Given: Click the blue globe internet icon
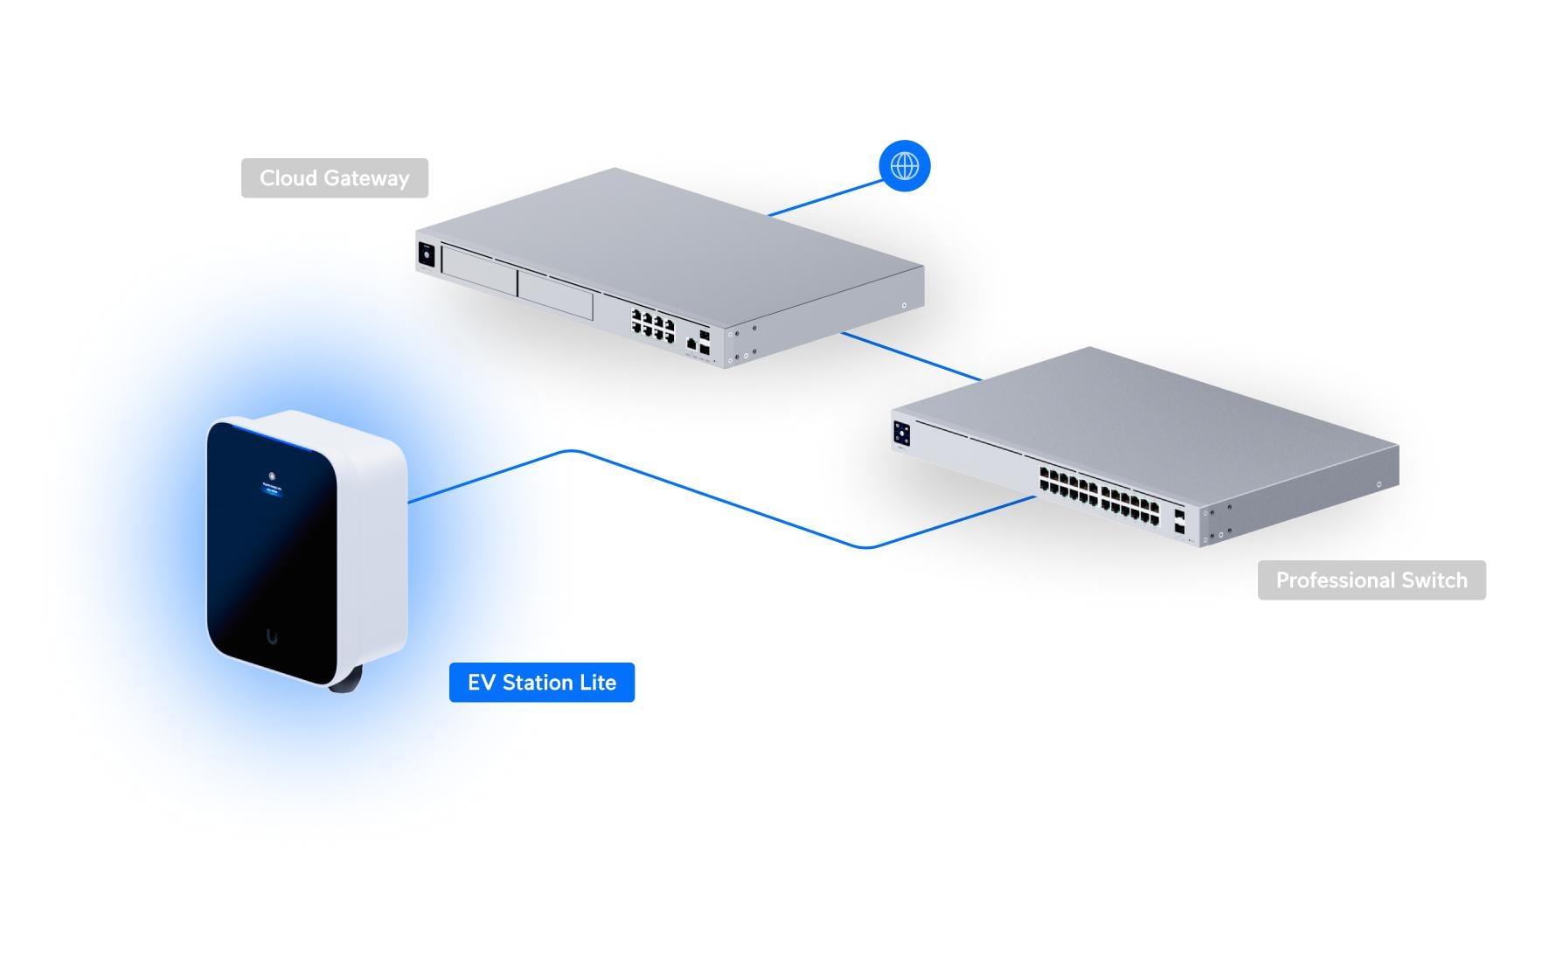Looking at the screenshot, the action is click(905, 166).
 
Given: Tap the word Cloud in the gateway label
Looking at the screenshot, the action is click(288, 178).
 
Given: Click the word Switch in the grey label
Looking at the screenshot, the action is click(1434, 580).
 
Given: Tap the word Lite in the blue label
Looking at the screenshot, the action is click(598, 683).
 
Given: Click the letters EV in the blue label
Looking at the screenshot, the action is click(482, 683).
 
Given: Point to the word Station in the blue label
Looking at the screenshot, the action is click(537, 683).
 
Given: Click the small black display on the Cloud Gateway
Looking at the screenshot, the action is click(427, 253).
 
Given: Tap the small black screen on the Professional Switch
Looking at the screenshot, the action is click(902, 433).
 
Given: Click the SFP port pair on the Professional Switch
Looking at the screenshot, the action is click(1179, 522).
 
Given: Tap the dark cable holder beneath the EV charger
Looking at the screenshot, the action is click(344, 681).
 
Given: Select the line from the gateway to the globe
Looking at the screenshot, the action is click(826, 198).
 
